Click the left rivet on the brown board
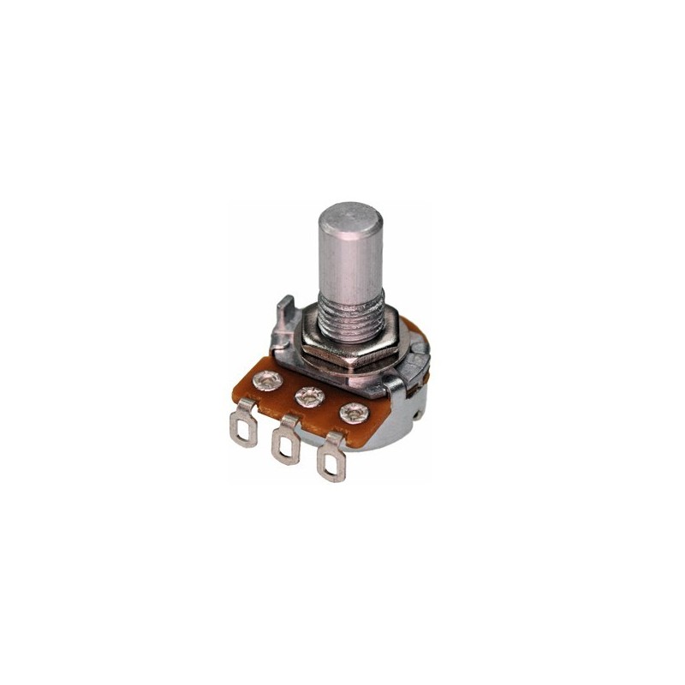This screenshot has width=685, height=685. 267,380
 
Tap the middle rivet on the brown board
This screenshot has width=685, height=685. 307,397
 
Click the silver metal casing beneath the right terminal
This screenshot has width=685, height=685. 385,437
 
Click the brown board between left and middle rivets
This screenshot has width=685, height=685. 287,394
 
